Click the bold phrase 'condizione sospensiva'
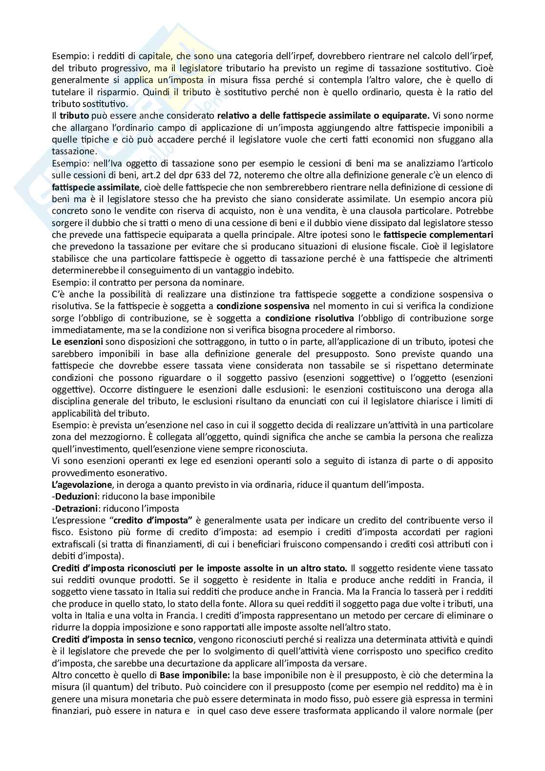click(x=263, y=306)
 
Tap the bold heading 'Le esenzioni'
click(x=77, y=342)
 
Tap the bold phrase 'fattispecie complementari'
click(x=438, y=234)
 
